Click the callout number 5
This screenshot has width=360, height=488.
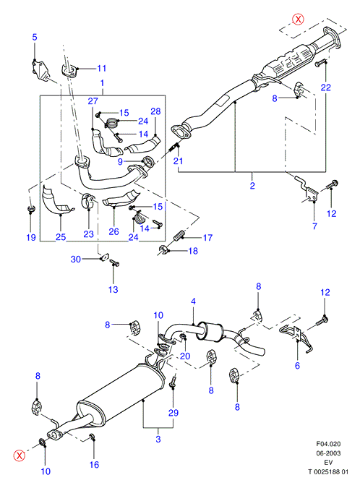coord(35,37)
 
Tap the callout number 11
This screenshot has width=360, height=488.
coord(102,68)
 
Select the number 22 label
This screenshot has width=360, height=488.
coord(326,87)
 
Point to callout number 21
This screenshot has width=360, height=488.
coord(179,161)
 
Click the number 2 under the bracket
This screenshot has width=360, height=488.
coord(252,186)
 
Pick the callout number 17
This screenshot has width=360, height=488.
coord(207,238)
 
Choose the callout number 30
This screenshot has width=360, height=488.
coord(76,259)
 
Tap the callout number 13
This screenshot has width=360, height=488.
coord(113,289)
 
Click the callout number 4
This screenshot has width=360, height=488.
coord(193,301)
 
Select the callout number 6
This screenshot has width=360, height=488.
coord(297,365)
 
